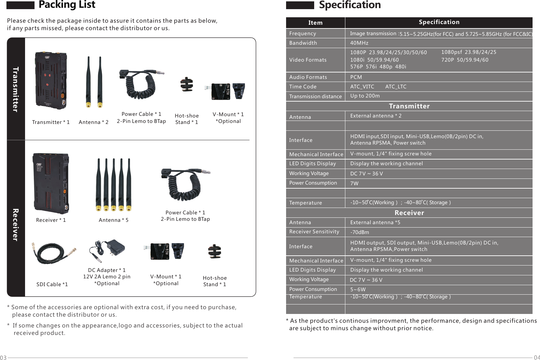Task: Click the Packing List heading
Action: [x=67, y=5]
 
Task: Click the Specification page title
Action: [x=350, y=5]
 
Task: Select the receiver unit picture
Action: [x=51, y=183]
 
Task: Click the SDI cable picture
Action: [x=53, y=253]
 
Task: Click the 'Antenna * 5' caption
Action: [x=113, y=220]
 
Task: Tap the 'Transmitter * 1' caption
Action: [x=51, y=122]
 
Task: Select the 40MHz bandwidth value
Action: [x=359, y=43]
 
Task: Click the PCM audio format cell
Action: [x=356, y=77]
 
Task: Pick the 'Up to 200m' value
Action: [x=365, y=96]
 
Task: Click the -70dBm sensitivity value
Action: [x=360, y=232]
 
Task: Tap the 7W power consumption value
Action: [x=354, y=184]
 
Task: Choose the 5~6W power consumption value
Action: [x=358, y=290]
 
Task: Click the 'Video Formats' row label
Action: [x=308, y=60]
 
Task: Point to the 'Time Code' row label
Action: [x=303, y=87]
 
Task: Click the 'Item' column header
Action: [x=315, y=23]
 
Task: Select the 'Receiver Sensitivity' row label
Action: [x=314, y=232]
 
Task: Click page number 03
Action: [x=3, y=358]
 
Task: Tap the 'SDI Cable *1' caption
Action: [x=52, y=284]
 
